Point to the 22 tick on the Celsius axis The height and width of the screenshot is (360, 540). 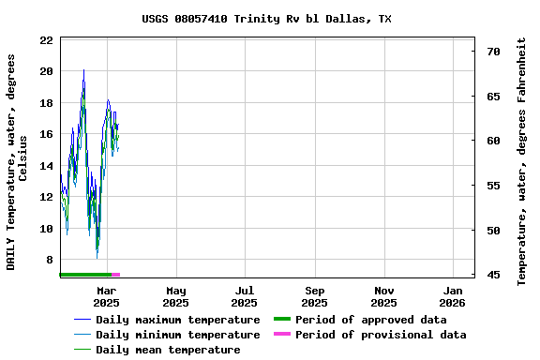(x=46, y=40)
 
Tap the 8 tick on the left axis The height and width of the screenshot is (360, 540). (x=49, y=260)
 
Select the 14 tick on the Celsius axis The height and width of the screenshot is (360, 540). (x=46, y=166)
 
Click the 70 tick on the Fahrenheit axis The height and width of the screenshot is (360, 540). (x=493, y=52)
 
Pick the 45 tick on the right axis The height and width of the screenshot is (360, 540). (x=493, y=275)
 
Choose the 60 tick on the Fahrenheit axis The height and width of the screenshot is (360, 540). (x=493, y=141)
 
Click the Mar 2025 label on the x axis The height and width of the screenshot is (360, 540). (x=106, y=296)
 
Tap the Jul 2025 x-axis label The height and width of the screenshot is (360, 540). (x=244, y=296)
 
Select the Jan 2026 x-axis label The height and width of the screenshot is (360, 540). (x=453, y=296)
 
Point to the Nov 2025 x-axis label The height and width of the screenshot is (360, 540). (x=383, y=296)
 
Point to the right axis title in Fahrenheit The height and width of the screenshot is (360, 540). (x=522, y=161)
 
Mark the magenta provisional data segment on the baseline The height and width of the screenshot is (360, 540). (x=116, y=275)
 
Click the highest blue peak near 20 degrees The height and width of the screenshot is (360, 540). (x=83, y=70)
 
